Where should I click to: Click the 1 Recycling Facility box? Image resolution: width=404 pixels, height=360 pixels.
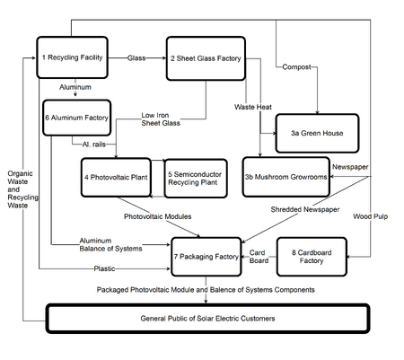pos(72,57)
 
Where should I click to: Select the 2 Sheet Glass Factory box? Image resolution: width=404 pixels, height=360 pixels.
pos(206,58)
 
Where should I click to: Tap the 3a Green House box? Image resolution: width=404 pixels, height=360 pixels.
pos(317,133)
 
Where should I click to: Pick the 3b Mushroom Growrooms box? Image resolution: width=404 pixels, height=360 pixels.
pos(286,177)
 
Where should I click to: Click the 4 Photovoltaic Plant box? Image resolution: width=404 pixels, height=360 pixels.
pos(116,178)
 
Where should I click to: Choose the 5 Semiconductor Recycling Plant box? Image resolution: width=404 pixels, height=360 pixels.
pos(196,179)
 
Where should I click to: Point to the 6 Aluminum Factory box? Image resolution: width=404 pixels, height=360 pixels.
pos(77,118)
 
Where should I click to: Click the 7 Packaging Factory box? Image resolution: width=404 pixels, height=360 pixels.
pos(206,257)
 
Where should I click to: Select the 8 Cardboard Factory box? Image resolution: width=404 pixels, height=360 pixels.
pos(312,257)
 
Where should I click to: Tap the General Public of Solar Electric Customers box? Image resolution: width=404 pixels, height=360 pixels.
pos(207,319)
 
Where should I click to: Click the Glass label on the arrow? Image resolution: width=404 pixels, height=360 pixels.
pos(136,58)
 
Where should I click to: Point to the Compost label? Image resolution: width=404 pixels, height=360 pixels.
pos(296,67)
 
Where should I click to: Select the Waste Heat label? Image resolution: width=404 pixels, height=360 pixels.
pos(253,107)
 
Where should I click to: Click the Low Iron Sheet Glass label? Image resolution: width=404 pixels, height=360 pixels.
pos(161,119)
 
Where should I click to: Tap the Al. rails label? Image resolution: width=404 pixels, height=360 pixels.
pos(94,145)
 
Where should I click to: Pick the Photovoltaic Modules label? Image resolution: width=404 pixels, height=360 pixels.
pos(158,216)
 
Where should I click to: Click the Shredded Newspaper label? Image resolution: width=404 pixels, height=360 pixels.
pos(305,209)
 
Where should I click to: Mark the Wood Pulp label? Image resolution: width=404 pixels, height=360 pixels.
pos(371,216)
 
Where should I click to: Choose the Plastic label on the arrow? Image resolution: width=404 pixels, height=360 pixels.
pos(104,268)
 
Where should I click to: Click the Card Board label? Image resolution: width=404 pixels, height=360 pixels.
pos(259,257)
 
